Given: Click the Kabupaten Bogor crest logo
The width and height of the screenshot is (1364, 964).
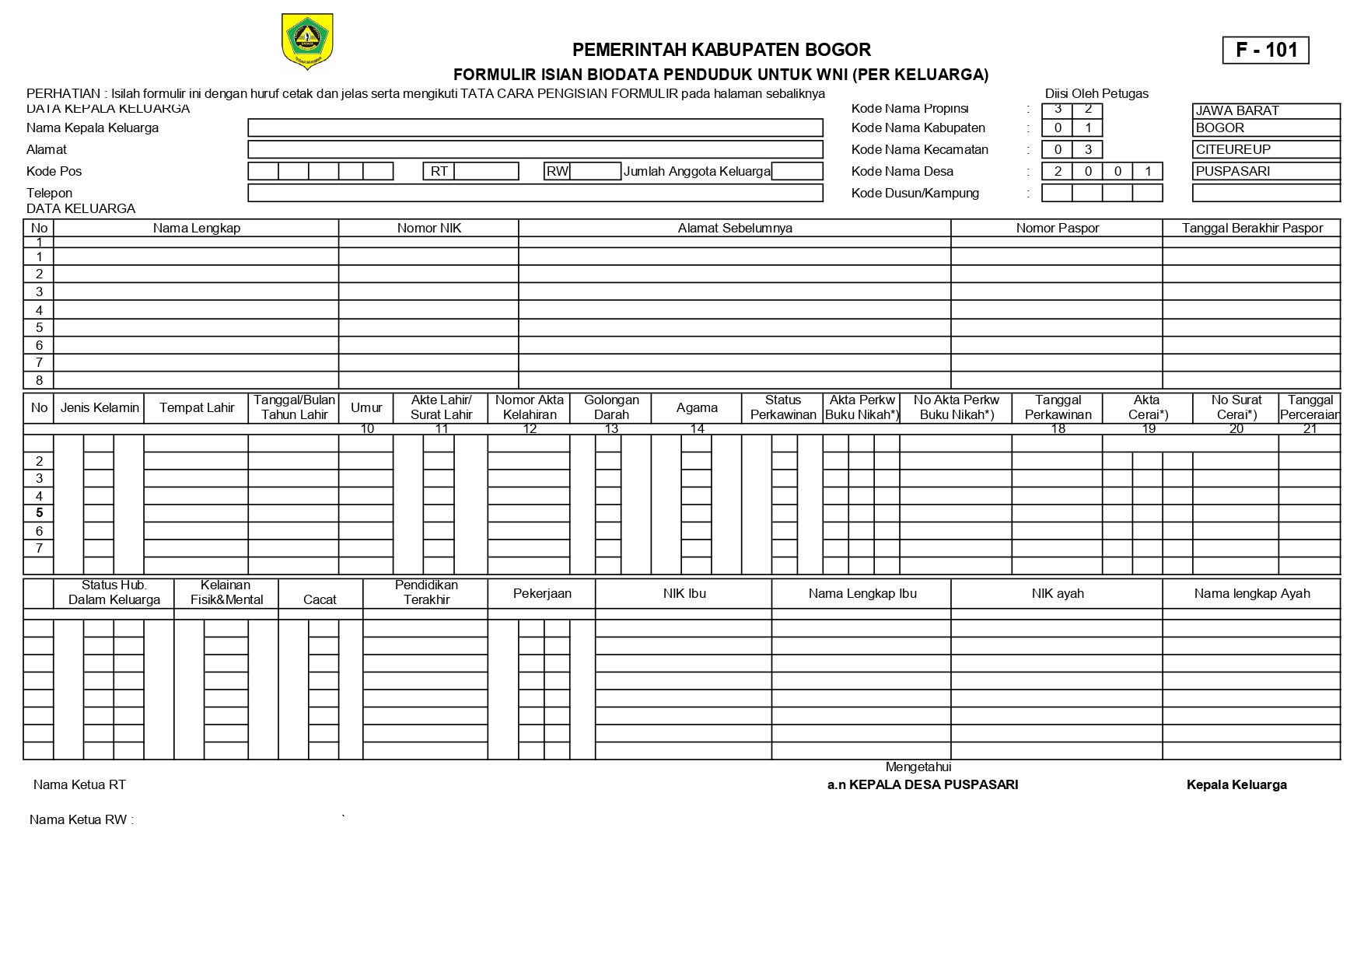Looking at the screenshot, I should tap(307, 41).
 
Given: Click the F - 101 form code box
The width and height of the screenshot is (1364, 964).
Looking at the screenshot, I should tap(1265, 51).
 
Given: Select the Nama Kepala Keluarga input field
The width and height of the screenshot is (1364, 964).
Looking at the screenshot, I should tap(535, 128).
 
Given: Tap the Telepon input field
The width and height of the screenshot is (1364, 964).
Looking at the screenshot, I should tap(535, 193).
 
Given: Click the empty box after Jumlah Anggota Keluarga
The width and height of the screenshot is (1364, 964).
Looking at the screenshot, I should tap(797, 171).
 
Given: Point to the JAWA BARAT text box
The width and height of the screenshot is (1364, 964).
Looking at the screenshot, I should tap(1265, 110).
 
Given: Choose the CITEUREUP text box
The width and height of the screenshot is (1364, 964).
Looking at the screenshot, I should tap(1265, 149).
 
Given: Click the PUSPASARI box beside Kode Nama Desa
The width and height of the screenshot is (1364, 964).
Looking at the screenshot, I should tap(1265, 171).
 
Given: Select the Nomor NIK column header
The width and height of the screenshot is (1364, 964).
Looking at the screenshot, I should tap(428, 228).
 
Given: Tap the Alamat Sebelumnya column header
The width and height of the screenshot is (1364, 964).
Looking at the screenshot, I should tap(735, 228).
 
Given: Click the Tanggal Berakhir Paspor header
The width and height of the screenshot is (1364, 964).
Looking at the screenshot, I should tap(1251, 228).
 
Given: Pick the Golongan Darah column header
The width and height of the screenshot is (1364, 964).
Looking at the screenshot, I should tap(611, 407).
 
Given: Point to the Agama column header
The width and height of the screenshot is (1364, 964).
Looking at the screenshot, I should tap(697, 407).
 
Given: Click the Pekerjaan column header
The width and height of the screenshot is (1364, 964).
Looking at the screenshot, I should tap(542, 593).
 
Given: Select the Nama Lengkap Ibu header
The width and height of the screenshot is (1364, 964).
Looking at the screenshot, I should tap(862, 593).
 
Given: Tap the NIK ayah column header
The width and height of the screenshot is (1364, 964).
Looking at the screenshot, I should tap(1057, 593).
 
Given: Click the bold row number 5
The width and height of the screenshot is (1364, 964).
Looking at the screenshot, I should tap(39, 513).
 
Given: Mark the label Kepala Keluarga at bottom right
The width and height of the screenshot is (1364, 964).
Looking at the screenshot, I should tap(1236, 785).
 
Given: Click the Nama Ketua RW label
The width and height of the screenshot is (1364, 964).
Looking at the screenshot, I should tap(81, 819).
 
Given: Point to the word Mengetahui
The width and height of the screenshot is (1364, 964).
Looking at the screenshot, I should tap(918, 767).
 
